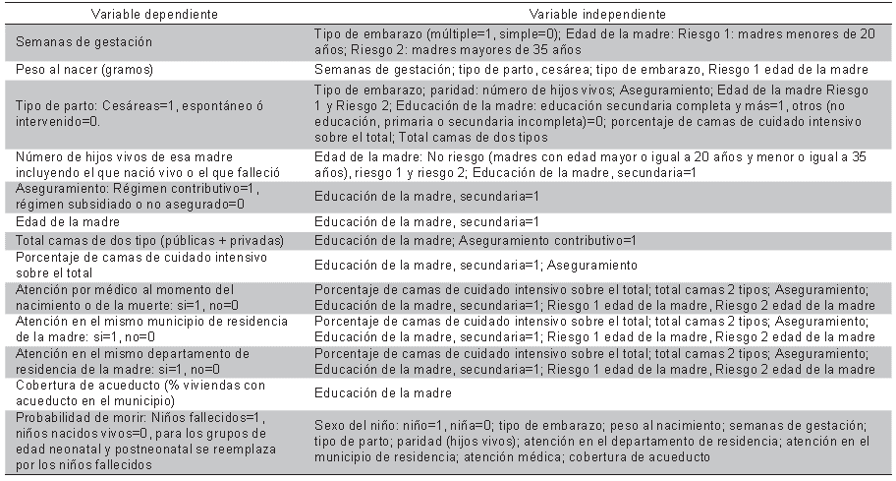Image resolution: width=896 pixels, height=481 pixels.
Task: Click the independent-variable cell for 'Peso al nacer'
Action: click(591, 70)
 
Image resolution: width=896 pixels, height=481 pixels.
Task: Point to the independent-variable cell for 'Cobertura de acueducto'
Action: click(382, 393)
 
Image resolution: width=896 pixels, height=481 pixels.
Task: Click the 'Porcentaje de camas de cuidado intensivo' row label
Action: click(134, 265)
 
